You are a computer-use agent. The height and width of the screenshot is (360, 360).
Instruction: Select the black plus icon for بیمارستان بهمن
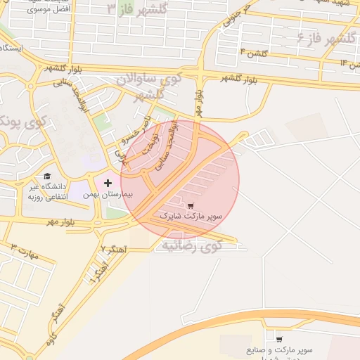click(108, 183)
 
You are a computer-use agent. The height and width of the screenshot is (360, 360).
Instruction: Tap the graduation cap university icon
click(47, 176)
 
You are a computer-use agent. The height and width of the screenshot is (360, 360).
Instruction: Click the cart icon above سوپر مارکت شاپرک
click(191, 206)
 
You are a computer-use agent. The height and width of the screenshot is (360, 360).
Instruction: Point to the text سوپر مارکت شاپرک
click(191, 217)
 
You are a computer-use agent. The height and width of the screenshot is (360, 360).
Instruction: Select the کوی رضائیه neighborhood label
click(191, 246)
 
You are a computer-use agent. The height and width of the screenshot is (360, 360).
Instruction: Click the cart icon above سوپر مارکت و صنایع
click(279, 339)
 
